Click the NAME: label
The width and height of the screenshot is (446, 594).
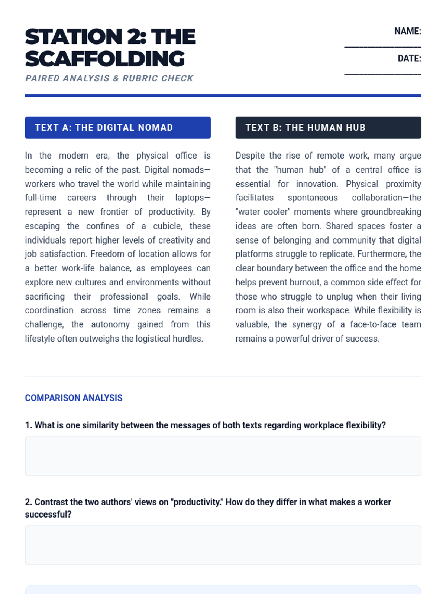pos(407,31)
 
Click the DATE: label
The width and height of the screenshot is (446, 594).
pos(409,59)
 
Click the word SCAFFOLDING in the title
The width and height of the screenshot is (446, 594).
pos(105,59)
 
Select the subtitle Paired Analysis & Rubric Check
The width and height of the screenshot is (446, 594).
pos(109,78)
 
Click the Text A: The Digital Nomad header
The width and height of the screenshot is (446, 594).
pos(117,128)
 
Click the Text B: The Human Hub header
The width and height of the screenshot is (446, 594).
pos(328,128)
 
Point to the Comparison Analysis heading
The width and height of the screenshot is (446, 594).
pos(74,398)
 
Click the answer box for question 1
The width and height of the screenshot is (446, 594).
pos(223,456)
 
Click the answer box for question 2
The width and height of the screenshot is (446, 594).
pos(223,545)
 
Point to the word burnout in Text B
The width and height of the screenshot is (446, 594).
pos(305,283)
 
